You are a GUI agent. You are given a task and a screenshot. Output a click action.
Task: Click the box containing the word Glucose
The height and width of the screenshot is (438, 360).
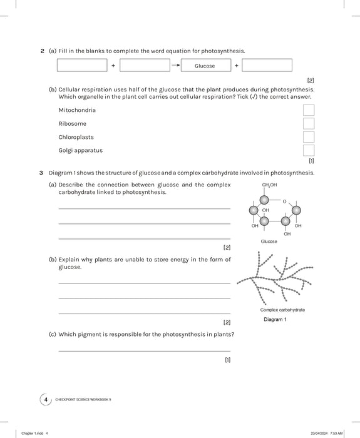(x=204, y=66)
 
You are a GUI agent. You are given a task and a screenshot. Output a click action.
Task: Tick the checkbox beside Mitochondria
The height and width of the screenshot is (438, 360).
(x=309, y=110)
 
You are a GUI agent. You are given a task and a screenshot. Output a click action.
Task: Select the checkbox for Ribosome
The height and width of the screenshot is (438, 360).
(x=309, y=124)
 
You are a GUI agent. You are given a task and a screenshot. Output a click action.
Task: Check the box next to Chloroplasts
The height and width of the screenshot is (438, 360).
(x=309, y=137)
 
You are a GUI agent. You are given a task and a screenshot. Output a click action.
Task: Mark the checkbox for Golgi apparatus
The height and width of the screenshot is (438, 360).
(x=309, y=150)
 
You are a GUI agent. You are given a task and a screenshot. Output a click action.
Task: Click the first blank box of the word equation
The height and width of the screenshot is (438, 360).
(x=82, y=66)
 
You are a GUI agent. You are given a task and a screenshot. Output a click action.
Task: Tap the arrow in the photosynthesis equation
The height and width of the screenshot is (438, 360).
(x=176, y=65)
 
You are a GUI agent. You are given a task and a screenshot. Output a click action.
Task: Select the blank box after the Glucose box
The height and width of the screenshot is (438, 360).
(x=267, y=66)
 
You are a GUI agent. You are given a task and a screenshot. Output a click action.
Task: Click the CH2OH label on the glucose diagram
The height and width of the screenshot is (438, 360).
(x=269, y=185)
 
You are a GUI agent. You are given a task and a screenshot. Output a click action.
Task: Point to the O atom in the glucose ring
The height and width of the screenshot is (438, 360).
(x=284, y=201)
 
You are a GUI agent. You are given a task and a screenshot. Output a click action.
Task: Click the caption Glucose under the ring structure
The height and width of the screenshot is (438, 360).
(x=269, y=241)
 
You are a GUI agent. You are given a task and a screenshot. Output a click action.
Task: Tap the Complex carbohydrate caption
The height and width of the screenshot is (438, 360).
(x=282, y=310)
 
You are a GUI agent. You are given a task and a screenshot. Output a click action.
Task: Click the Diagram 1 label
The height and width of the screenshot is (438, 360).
(x=275, y=320)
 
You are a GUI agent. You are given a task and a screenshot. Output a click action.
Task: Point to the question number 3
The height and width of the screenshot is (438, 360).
(x=41, y=173)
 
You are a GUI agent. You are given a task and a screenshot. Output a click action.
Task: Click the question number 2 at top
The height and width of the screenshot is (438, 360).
(x=42, y=51)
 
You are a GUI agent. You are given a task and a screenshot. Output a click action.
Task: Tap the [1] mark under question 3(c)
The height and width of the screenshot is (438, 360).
(x=227, y=360)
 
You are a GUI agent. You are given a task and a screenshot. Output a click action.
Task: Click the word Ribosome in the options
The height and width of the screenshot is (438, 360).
(x=72, y=124)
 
